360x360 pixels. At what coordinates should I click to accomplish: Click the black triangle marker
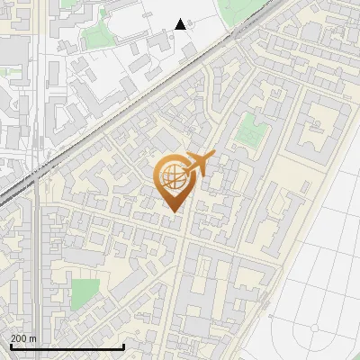tap(181, 24)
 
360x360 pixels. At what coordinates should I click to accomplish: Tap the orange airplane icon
tap(197, 165)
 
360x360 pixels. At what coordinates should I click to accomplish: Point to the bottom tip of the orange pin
tap(171, 211)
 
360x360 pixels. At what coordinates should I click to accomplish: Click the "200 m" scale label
tap(23, 338)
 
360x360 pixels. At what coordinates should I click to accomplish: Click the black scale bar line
tap(67, 346)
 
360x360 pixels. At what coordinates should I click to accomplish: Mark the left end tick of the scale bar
tap(10, 345)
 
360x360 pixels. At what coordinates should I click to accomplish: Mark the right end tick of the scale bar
tap(123, 345)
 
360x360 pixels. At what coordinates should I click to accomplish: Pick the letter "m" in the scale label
tap(32, 338)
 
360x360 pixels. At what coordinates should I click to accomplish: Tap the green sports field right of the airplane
tap(251, 130)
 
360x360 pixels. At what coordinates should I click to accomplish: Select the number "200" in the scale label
tap(19, 338)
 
